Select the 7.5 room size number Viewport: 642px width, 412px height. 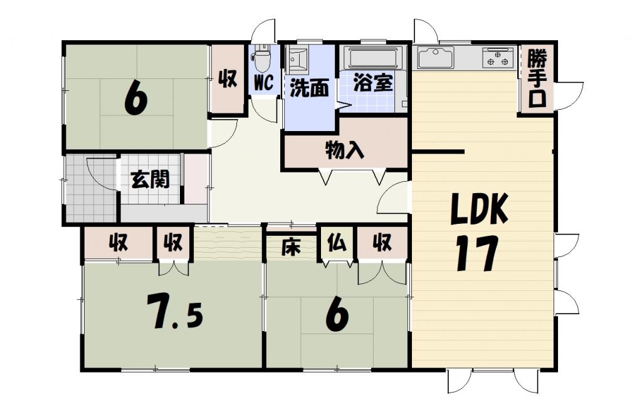(x=174, y=311)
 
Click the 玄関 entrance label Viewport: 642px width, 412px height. (x=150, y=179)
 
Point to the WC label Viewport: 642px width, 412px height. (x=263, y=83)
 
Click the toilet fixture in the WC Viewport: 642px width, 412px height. (x=262, y=60)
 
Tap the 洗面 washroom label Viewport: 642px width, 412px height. (x=308, y=88)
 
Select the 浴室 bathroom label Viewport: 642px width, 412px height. (x=373, y=83)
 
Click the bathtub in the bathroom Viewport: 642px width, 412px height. (x=372, y=59)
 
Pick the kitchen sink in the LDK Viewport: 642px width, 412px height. (x=436, y=58)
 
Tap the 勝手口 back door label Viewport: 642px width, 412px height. (x=536, y=79)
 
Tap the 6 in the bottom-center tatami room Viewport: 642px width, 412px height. (x=336, y=316)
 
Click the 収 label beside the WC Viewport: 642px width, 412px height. (x=227, y=79)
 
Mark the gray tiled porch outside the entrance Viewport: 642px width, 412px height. (x=90, y=188)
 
